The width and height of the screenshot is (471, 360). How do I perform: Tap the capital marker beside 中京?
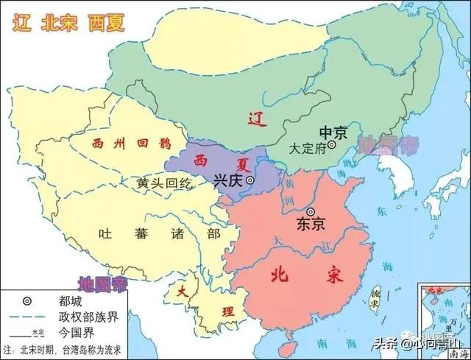point(332,146)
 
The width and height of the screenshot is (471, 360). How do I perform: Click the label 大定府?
point(308,147)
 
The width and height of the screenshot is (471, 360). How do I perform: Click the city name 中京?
point(324,133)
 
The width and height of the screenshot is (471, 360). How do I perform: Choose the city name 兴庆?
point(228,179)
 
